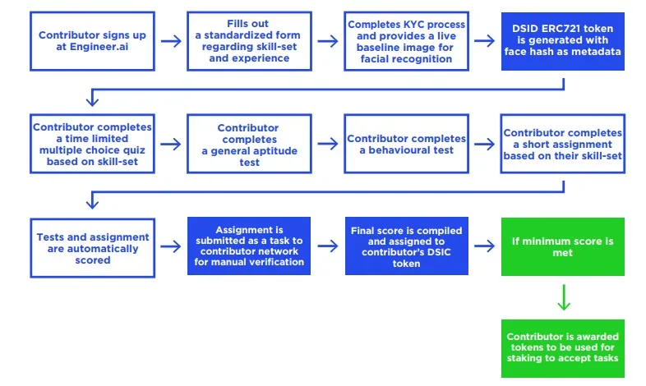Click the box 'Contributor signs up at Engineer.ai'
point(92,41)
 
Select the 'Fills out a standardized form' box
point(249,41)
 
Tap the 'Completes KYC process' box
point(406,41)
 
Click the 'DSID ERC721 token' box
point(563,41)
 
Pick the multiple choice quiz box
point(92,144)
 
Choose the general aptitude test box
point(249,144)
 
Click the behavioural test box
point(406,144)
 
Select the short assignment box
point(563,144)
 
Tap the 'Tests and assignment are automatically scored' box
point(92,248)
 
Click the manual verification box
point(249,246)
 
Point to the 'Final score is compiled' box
point(407,246)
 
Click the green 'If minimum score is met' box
point(563,246)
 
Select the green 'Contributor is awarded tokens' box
point(563,348)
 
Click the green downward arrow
point(564,297)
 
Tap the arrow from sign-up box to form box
point(171,41)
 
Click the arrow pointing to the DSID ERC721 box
point(485,41)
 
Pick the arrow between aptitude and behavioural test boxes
point(328,144)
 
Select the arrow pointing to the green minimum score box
point(485,246)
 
